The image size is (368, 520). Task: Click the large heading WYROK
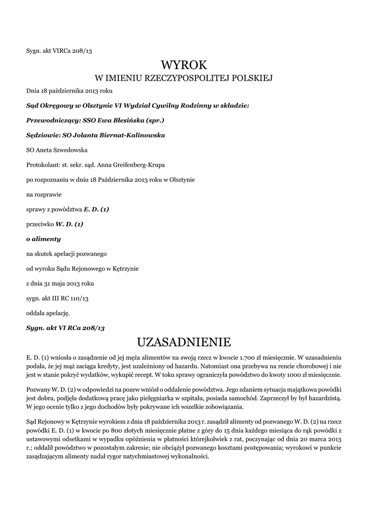pyautogui.click(x=184, y=65)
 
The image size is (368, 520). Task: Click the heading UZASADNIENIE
pyautogui.click(x=184, y=340)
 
